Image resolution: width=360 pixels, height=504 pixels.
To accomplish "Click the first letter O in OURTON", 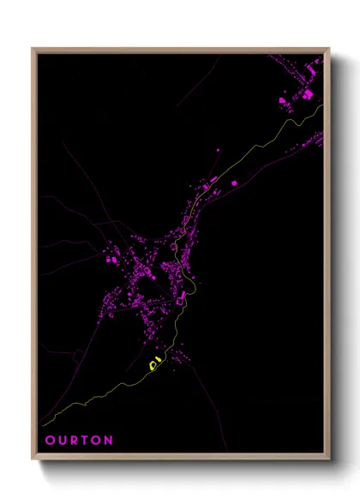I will pos(50,441).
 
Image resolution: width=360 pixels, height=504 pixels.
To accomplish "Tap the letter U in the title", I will pos(62,441).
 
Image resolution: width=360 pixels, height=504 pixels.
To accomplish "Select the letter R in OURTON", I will pos(74,441).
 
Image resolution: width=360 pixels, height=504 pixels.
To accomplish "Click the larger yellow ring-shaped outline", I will pos(155,364).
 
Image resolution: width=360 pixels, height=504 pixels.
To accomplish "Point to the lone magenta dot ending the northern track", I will pos(218,151).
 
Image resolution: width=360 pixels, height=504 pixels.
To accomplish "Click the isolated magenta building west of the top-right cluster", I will pos(282,102).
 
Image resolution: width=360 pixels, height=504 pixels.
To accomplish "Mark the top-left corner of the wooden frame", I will pos(33,48).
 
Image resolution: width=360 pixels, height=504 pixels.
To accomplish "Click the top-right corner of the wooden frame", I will pos(329,48).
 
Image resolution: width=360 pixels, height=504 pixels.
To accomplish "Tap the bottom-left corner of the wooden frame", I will pos(33,459).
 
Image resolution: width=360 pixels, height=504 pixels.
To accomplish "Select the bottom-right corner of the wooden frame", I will pos(329,459).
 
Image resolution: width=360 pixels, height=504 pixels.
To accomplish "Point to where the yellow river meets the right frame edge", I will pos(324,105).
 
